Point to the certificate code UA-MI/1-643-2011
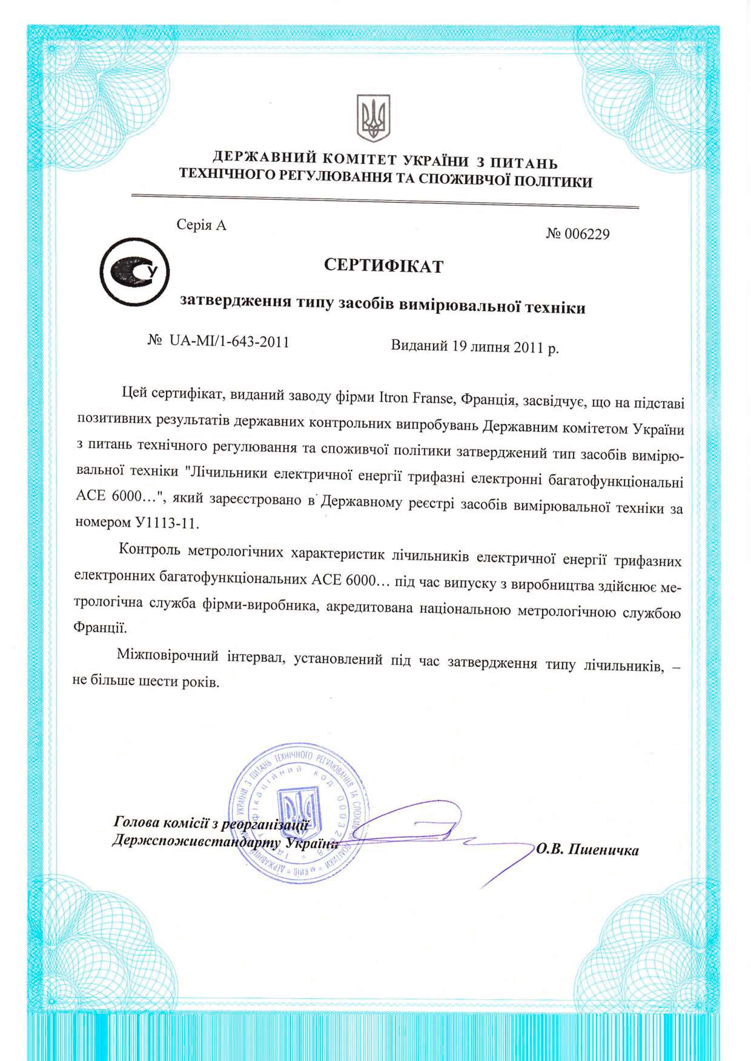[x=229, y=342]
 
